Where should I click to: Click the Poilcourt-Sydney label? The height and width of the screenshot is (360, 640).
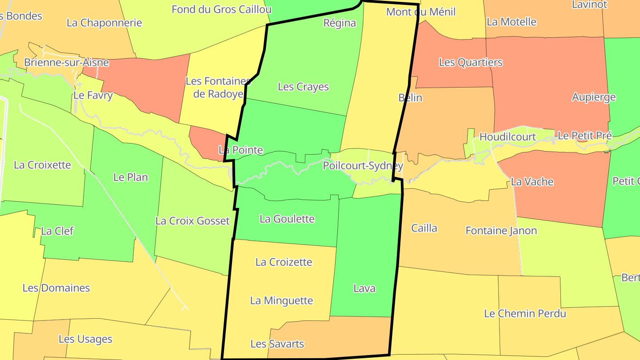click(x=363, y=166)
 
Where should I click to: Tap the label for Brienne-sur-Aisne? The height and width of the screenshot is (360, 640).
click(x=66, y=62)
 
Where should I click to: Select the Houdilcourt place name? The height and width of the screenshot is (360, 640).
click(x=508, y=137)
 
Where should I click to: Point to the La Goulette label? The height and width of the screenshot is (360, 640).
click(x=287, y=219)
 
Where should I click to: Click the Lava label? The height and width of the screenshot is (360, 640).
click(x=364, y=288)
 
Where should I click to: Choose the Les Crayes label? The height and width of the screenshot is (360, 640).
click(x=303, y=87)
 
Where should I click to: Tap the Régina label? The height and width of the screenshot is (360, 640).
click(x=340, y=23)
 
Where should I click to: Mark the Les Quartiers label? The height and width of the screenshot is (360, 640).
click(x=471, y=62)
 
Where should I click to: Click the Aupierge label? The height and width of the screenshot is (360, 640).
click(x=594, y=97)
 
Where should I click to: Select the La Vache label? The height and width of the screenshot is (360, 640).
click(x=532, y=181)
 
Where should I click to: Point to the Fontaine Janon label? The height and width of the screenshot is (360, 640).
click(x=501, y=231)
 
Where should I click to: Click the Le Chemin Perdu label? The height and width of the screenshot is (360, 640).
click(x=525, y=313)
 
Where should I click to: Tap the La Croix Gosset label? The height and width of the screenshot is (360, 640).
click(x=192, y=220)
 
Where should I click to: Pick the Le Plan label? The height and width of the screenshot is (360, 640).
click(x=131, y=177)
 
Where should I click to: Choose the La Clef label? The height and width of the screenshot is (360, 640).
click(x=57, y=231)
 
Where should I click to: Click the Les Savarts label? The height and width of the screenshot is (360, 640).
click(x=277, y=344)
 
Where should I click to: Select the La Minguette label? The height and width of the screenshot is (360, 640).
click(x=282, y=300)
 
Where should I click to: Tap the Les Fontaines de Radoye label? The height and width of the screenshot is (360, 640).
click(x=218, y=87)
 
